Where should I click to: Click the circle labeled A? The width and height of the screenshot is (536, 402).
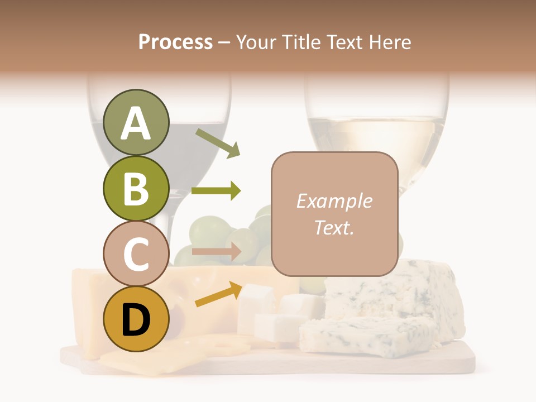(136, 123)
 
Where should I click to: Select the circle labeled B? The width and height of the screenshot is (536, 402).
(136, 189)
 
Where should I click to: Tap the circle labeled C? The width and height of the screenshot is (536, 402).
(136, 254)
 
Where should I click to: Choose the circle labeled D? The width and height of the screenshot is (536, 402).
(136, 319)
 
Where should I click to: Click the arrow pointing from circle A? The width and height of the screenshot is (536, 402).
(218, 143)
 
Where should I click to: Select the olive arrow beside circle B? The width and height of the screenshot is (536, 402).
(216, 191)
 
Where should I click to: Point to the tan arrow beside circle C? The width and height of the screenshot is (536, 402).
(216, 252)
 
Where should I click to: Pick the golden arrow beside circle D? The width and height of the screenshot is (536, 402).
(219, 294)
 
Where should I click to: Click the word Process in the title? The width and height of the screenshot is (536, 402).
(175, 42)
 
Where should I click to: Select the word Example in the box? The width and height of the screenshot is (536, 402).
(334, 201)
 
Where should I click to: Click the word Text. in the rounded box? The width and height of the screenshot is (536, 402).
(334, 227)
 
